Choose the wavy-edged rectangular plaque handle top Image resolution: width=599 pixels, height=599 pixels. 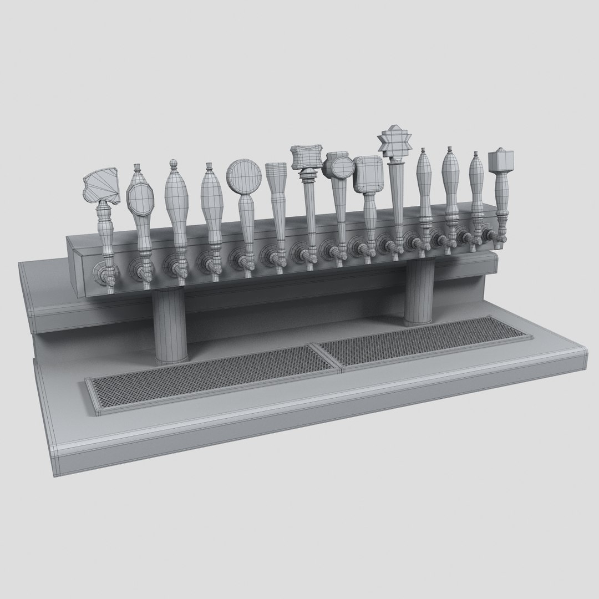point(306,157)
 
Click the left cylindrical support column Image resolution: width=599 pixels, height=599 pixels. point(169,327)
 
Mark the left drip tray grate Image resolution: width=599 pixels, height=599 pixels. point(211,377)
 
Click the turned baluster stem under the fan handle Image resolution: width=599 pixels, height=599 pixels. point(105,233)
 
